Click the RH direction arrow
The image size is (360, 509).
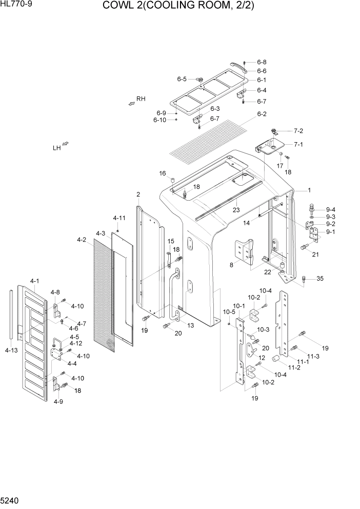pos(131,103)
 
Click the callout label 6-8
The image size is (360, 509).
pos(262,62)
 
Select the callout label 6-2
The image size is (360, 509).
pos(262,114)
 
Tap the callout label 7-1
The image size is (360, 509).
pos(298,144)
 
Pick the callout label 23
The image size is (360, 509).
pos(236,209)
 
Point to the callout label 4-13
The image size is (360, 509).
pos(11,350)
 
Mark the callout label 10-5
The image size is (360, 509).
pos(229,312)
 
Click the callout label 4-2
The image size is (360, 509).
pos(81,240)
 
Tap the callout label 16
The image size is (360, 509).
pos(163,173)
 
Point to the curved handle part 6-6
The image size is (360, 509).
pos(238,66)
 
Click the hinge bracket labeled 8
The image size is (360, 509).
pos(245,253)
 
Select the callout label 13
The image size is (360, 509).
pos(191,326)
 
